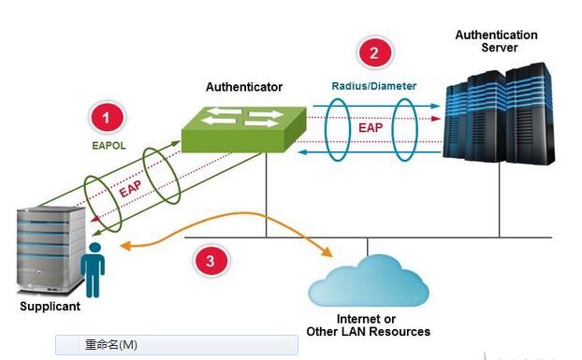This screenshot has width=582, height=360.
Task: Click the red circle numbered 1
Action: [107, 118]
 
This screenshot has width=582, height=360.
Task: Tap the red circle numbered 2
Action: [374, 52]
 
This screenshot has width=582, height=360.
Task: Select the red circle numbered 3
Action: [211, 261]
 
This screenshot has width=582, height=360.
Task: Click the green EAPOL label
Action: [109, 146]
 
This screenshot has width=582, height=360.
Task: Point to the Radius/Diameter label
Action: [373, 86]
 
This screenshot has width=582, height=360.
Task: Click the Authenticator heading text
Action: [244, 87]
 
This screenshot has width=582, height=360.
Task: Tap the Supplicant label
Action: [51, 307]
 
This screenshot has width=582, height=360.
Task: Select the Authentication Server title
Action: [497, 41]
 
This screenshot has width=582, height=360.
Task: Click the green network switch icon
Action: [244, 129]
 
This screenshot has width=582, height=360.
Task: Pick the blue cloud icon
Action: [369, 281]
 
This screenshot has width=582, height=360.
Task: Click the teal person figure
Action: [93, 269]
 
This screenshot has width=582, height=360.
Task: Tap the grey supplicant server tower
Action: [51, 251]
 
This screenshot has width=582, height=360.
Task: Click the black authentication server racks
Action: [499, 113]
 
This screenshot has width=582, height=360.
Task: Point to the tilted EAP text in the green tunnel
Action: [130, 189]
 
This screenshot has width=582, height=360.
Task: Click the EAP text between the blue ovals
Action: [371, 128]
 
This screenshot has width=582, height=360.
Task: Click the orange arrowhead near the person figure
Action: [125, 245]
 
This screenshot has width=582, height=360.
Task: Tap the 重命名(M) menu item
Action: [111, 345]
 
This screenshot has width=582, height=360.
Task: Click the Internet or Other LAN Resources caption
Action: [369, 325]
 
